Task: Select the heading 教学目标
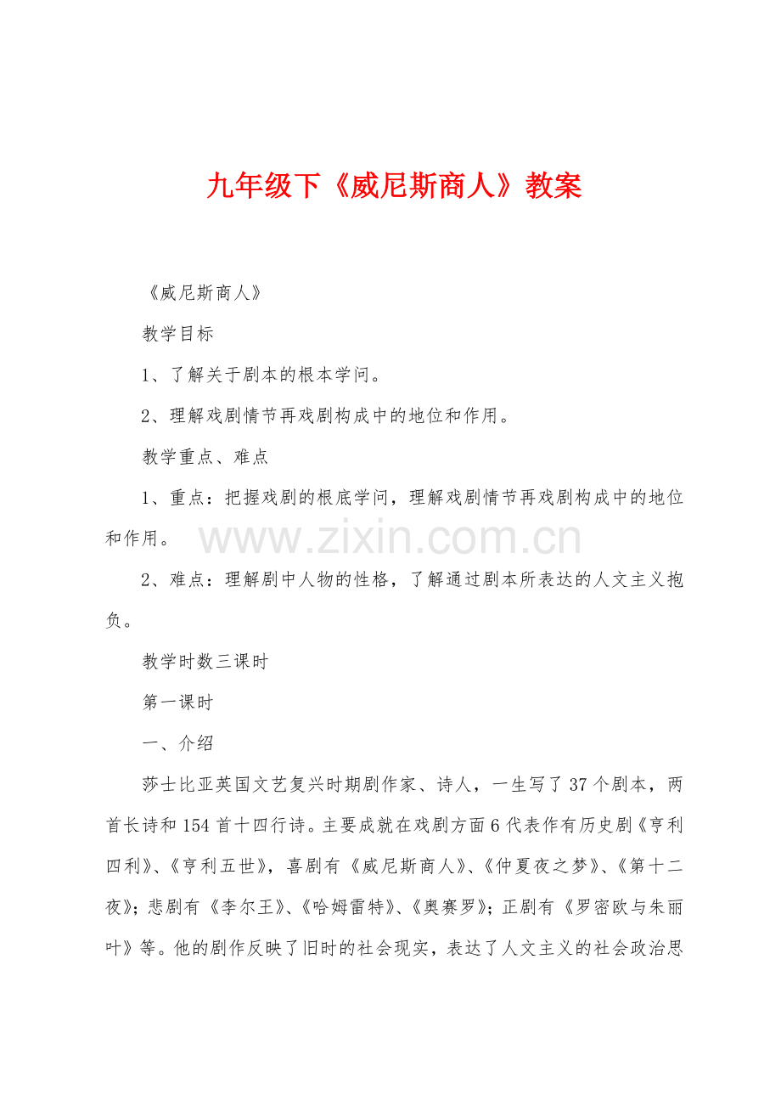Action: pos(178,334)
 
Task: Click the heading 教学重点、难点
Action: pos(205,457)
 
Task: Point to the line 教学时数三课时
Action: pos(205,662)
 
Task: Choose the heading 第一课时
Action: pos(178,703)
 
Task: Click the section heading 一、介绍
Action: pos(178,743)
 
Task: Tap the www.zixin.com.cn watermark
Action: pos(390,539)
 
